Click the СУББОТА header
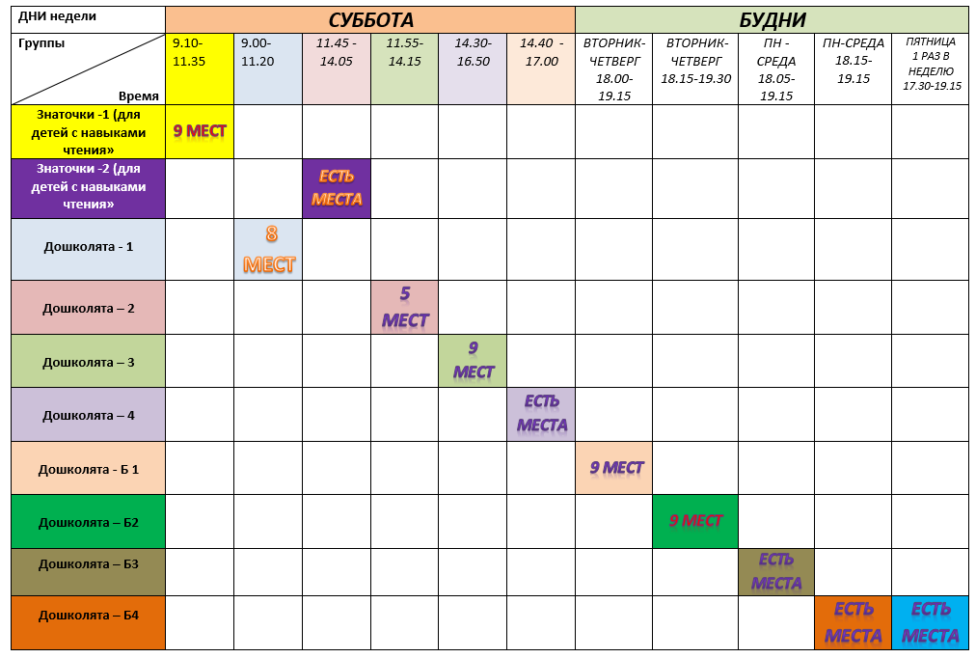click(x=370, y=20)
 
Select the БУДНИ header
click(x=772, y=20)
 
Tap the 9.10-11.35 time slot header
click(x=200, y=52)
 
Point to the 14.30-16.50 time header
click(x=473, y=52)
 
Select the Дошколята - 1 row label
click(x=89, y=246)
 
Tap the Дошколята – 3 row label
click(x=89, y=362)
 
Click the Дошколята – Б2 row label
click(x=89, y=522)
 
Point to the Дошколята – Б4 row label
click(x=89, y=615)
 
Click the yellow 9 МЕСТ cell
click(x=200, y=131)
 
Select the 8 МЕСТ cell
click(x=269, y=250)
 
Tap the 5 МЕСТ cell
click(x=405, y=308)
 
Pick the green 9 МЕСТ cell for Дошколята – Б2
click(x=695, y=521)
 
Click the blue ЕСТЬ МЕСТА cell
click(x=930, y=622)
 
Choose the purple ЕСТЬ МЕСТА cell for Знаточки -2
click(x=337, y=188)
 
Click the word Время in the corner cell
click(x=139, y=96)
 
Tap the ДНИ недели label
click(x=58, y=16)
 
